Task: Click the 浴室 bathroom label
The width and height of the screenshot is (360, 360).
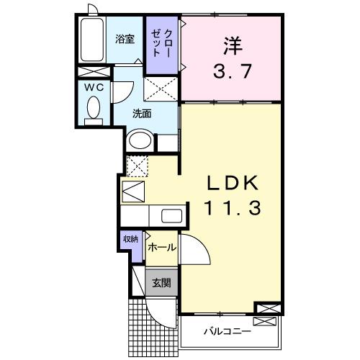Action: (x=125, y=40)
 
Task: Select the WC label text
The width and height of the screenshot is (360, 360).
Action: (x=94, y=87)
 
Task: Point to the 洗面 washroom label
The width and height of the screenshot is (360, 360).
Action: (x=142, y=113)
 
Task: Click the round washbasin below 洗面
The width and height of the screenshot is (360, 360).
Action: (x=140, y=140)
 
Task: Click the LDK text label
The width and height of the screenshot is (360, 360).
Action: (x=230, y=181)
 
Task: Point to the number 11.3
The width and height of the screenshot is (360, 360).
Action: (x=230, y=208)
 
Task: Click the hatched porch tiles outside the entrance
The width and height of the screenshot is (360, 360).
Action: (x=141, y=328)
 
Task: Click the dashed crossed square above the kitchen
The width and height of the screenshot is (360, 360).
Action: (x=136, y=165)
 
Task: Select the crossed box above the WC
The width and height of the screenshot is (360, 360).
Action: (x=94, y=73)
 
